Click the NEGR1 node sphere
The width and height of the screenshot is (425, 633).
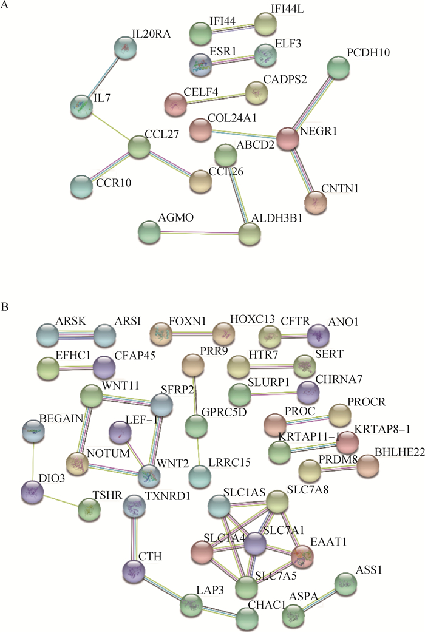(288, 139)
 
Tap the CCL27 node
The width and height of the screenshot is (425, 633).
(139, 147)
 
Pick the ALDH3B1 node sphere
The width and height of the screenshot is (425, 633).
(248, 233)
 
